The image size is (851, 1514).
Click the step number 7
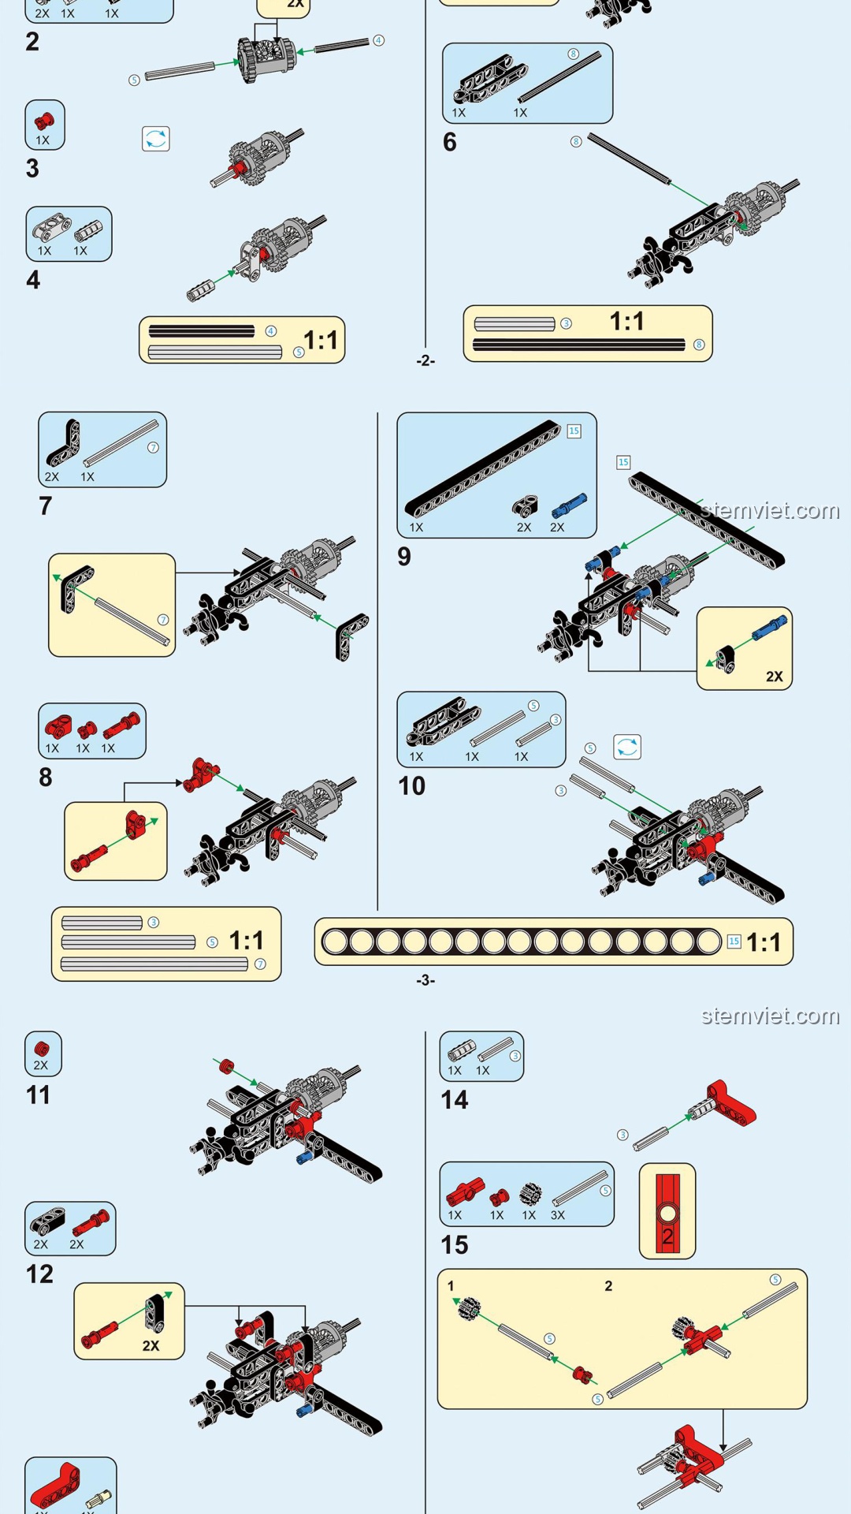click(x=46, y=506)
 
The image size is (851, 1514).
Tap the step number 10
click(x=411, y=786)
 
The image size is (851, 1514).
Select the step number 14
click(x=454, y=1100)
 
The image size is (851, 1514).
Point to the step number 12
click(x=39, y=1274)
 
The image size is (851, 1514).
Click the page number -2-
click(x=425, y=360)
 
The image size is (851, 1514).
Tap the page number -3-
click(x=425, y=980)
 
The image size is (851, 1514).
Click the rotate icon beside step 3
click(x=156, y=139)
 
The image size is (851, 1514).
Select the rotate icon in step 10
click(x=627, y=747)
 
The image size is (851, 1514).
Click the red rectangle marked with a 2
click(x=667, y=1211)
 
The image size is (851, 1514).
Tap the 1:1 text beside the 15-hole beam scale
click(x=763, y=942)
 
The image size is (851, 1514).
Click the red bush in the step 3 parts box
click(x=44, y=121)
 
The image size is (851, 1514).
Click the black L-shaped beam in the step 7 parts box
click(x=63, y=444)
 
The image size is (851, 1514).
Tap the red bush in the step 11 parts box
click(x=42, y=1049)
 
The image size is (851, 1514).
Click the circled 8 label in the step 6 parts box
click(x=573, y=54)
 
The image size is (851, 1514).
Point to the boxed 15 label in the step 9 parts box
click(x=574, y=431)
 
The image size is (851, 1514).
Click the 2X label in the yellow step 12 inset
click(x=151, y=1346)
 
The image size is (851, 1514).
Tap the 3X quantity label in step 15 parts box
click(x=557, y=1215)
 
